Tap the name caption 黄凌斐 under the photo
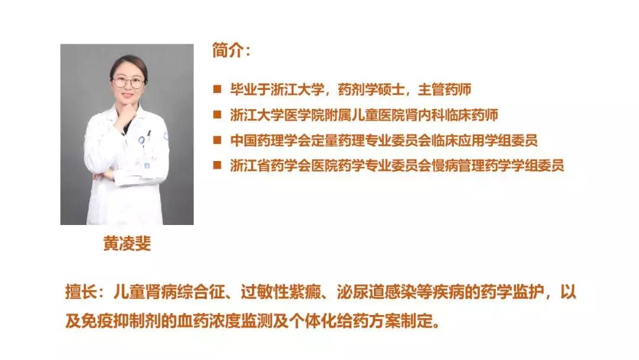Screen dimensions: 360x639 (x=127, y=243)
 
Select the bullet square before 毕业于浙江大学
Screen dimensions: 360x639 (x=218, y=89)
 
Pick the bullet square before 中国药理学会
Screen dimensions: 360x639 (x=218, y=140)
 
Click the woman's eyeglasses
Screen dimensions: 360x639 (x=129, y=82)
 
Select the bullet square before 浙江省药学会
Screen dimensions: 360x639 (x=218, y=166)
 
